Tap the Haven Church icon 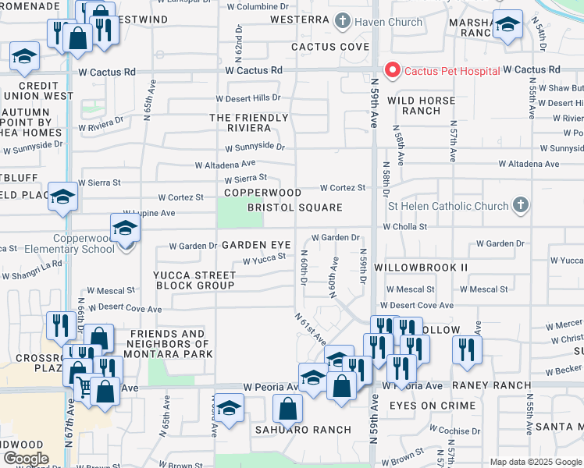pyautogui.click(x=342, y=21)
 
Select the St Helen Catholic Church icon pyautogui.click(x=521, y=206)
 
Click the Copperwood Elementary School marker pyautogui.click(x=124, y=229)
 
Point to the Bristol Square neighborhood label pyautogui.click(x=295, y=207)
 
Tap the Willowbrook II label pyautogui.click(x=420, y=267)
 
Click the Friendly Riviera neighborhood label pyautogui.click(x=249, y=122)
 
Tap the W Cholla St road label pyautogui.click(x=404, y=227)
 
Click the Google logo pyautogui.click(x=26, y=459)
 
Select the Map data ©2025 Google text pyautogui.click(x=536, y=462)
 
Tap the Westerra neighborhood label pyautogui.click(x=300, y=19)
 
